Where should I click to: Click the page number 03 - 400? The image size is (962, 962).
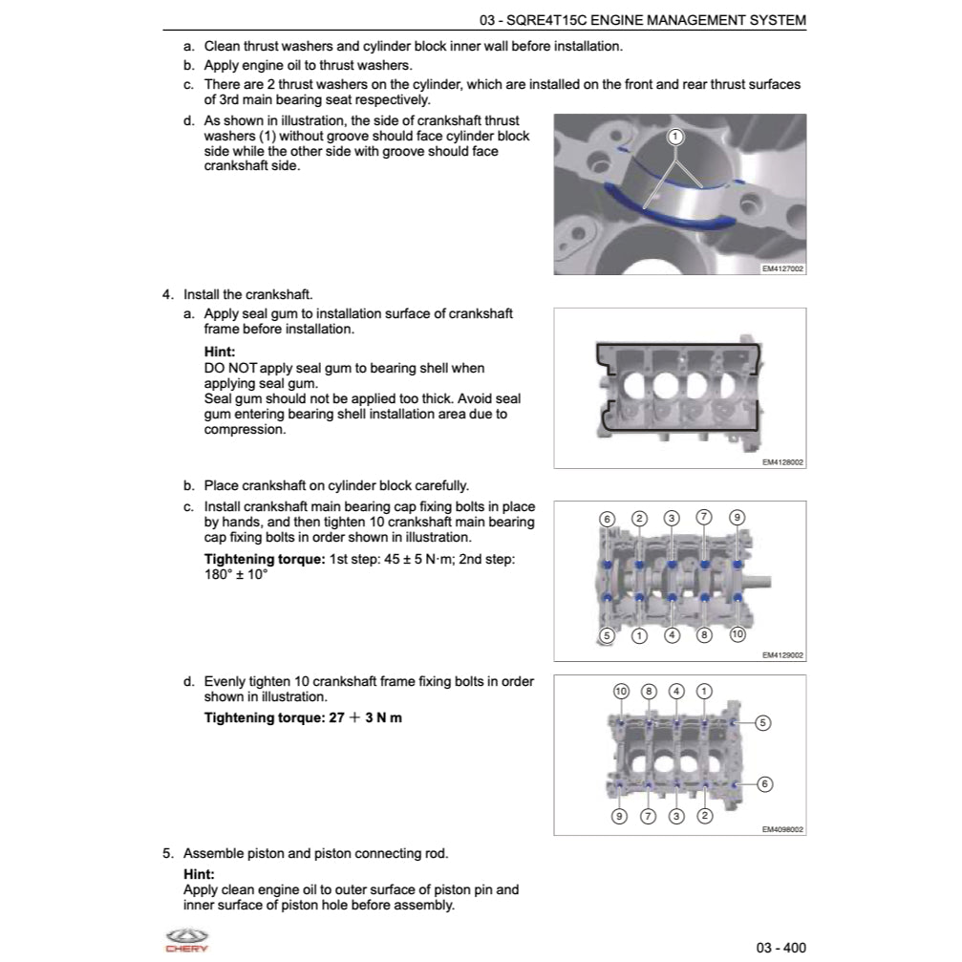coord(780,947)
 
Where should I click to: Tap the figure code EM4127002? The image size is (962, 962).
coord(783,269)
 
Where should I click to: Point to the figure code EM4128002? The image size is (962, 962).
coord(783,462)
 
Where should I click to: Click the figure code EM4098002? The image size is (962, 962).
coord(783,829)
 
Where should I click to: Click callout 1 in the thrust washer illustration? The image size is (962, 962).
coord(675,137)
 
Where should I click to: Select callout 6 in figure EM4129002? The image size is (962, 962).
coord(607,519)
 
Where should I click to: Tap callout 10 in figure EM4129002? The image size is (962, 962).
coord(737,634)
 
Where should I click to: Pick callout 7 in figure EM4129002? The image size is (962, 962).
coord(704,517)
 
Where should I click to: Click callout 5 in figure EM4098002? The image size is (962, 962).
coord(762,722)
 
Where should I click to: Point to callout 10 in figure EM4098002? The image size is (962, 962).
coord(621,691)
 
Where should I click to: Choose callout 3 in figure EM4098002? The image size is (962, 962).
coord(676,816)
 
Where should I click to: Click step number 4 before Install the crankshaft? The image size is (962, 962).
coord(167,294)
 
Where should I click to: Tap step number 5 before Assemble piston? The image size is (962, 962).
coord(167,853)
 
